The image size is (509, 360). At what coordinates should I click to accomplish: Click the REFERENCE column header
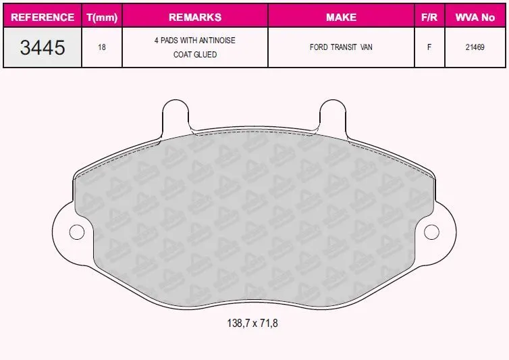(43, 17)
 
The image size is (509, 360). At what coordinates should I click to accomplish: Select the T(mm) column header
(102, 17)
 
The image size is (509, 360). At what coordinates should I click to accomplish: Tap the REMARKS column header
(195, 17)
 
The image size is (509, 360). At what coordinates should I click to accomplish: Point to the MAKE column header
(341, 17)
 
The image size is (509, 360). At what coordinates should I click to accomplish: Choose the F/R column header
(429, 17)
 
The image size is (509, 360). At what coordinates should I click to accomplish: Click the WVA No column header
(475, 17)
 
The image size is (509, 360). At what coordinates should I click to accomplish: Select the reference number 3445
(43, 47)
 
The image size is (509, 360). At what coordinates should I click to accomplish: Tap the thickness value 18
(102, 47)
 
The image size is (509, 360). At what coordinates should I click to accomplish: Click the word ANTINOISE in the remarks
(217, 41)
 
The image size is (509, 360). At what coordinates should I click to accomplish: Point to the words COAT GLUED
(195, 55)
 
